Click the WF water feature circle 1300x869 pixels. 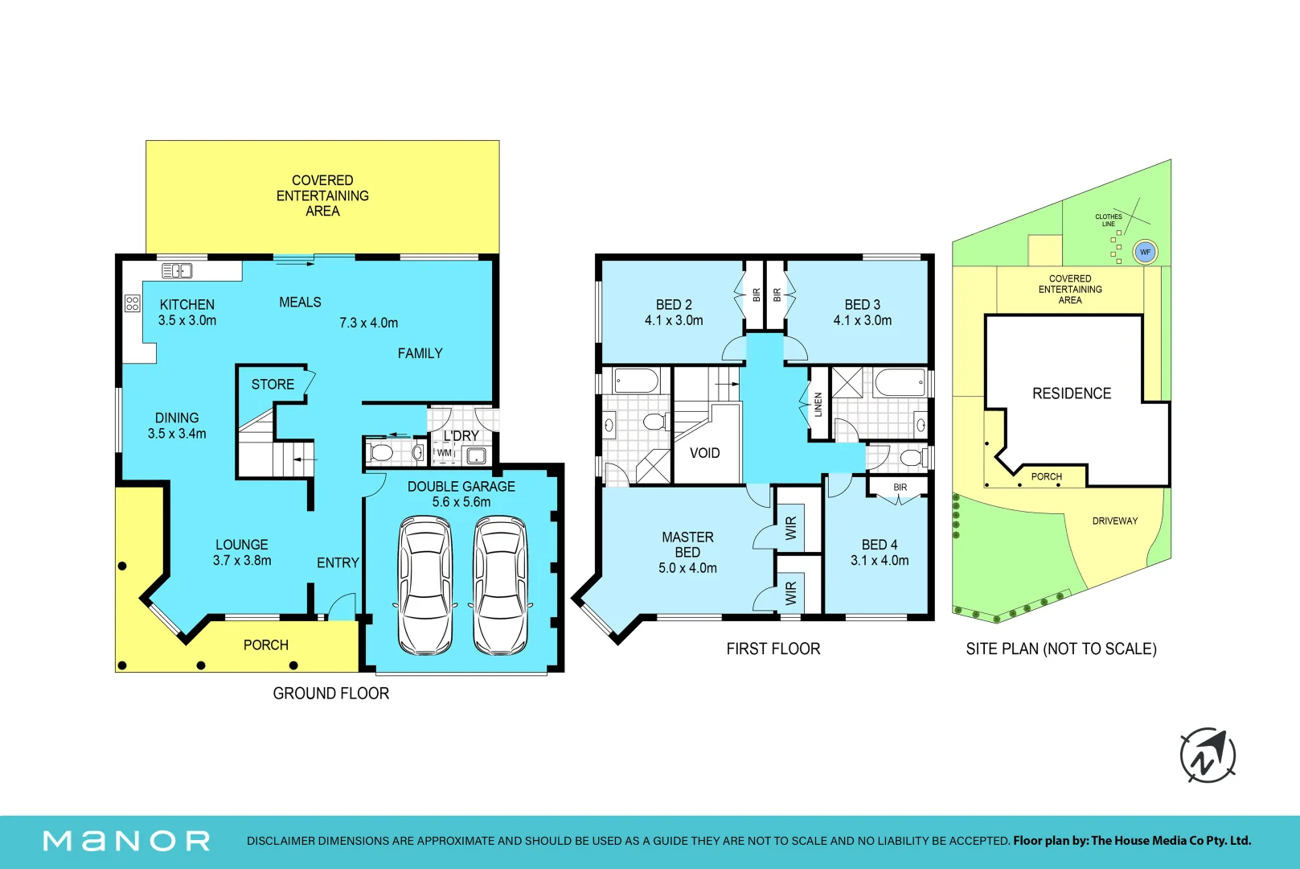pos(1145,252)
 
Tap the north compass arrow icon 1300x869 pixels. pos(1208,756)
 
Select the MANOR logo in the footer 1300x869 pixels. pos(126,841)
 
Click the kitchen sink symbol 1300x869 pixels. pos(177,270)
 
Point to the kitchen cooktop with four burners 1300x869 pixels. pos(133,303)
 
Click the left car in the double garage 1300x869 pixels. pos(424,586)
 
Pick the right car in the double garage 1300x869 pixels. pos(500,586)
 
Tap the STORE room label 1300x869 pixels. pos(273,384)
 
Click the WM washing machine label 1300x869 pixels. pos(444,452)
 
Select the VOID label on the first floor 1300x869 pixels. pos(704,452)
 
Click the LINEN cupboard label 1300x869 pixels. pos(818,404)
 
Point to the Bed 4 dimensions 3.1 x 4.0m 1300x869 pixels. pos(880,560)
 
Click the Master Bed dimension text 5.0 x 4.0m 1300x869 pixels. pos(687,567)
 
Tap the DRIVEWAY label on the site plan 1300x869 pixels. pos(1115,521)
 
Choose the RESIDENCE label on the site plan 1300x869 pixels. pos(1072,393)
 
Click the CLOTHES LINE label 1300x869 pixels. pos(1109,220)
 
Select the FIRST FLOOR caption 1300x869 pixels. pos(773,649)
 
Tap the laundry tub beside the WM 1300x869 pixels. pos(476,455)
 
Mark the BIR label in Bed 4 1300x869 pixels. pos(900,487)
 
